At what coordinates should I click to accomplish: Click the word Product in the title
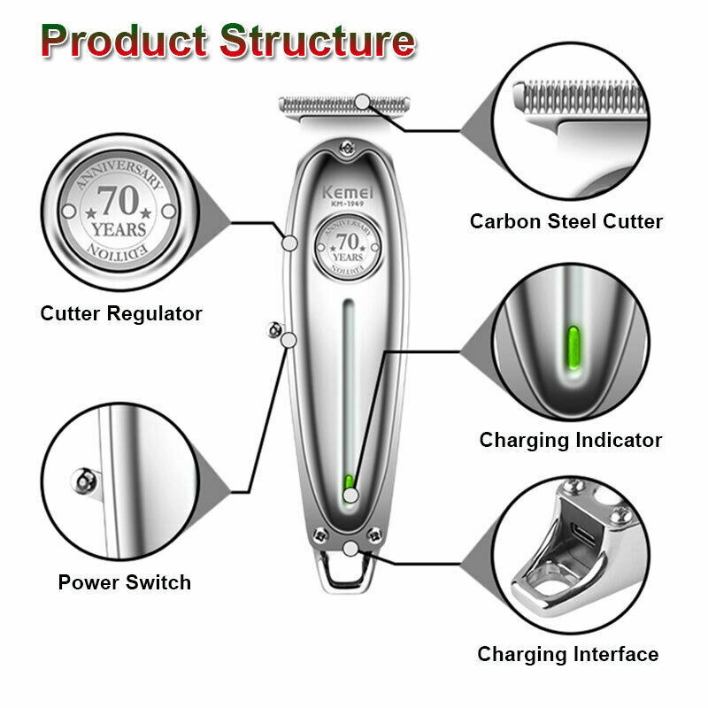[x=124, y=41]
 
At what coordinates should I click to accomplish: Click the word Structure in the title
[x=318, y=41]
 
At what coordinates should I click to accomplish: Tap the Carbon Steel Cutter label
[x=566, y=221]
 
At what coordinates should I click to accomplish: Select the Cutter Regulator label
[x=121, y=314]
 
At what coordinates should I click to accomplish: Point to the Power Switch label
[x=125, y=582]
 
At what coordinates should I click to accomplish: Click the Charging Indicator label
[x=571, y=440]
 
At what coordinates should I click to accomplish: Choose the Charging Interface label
[x=568, y=654]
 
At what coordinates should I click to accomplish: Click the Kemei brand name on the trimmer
[x=348, y=192]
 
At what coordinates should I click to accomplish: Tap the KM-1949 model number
[x=347, y=204]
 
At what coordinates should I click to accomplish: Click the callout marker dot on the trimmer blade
[x=362, y=102]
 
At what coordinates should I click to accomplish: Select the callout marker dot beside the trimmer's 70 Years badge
[x=289, y=243]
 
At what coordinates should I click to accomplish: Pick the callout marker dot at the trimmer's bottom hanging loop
[x=350, y=549]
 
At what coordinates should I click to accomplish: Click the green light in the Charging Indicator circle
[x=573, y=348]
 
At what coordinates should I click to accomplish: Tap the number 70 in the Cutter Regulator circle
[x=119, y=201]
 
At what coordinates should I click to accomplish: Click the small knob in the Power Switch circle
[x=84, y=480]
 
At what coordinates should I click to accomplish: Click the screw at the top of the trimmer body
[x=347, y=147]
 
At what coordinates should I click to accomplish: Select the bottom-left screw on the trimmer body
[x=320, y=535]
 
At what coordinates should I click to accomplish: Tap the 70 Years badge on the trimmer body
[x=348, y=248]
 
